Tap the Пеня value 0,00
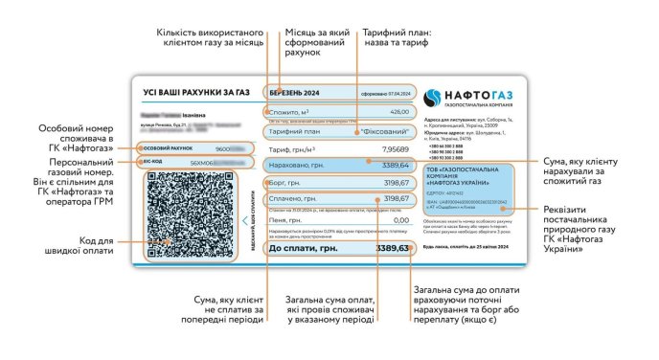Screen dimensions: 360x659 coord(400,219)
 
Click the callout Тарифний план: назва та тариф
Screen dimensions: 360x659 coord(397,38)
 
